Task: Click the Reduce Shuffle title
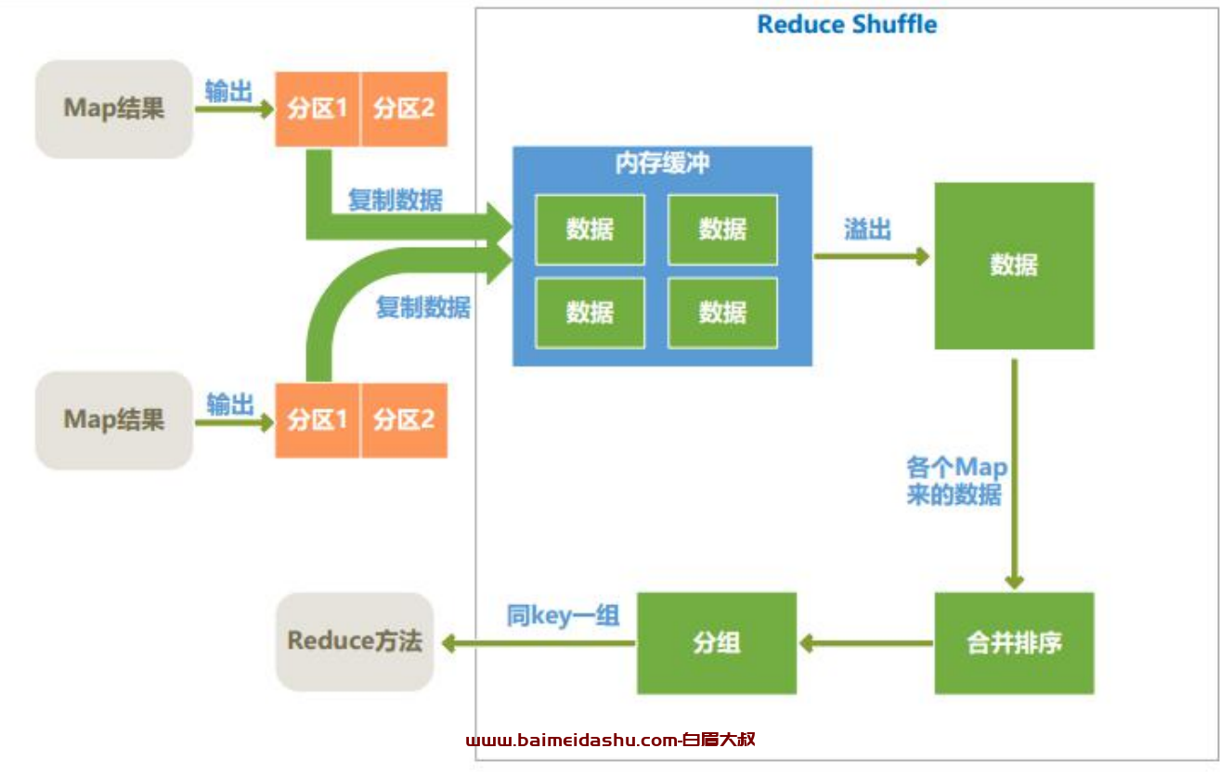847,24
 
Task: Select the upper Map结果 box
114,109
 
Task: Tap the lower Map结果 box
114,420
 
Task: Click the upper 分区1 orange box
317,109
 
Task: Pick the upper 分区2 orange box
404,109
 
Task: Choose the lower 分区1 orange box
317,420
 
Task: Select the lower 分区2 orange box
404,420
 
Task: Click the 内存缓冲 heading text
662,162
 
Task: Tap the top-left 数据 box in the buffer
590,230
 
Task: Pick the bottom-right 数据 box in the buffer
722,313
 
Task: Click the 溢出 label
867,229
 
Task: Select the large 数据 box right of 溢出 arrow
1014,265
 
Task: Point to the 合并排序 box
1014,643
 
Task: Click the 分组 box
717,643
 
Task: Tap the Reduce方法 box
355,641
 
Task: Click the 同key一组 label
564,615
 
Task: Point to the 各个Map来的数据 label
955,481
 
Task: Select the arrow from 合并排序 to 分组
866,643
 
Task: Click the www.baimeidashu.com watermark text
611,740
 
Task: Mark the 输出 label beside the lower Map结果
230,405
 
